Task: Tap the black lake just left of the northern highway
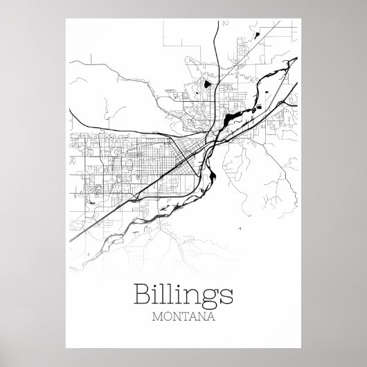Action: [x=206, y=87]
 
